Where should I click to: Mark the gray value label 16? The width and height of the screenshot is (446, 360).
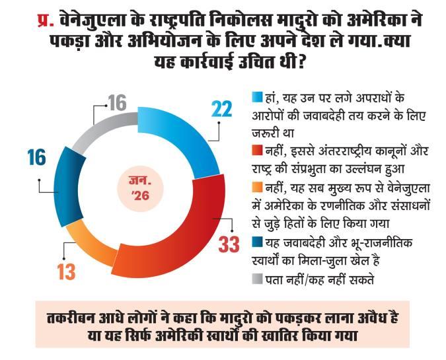tap(118, 104)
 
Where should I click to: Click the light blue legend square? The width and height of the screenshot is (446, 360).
tap(258, 97)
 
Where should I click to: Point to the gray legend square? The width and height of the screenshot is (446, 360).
tap(258, 278)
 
